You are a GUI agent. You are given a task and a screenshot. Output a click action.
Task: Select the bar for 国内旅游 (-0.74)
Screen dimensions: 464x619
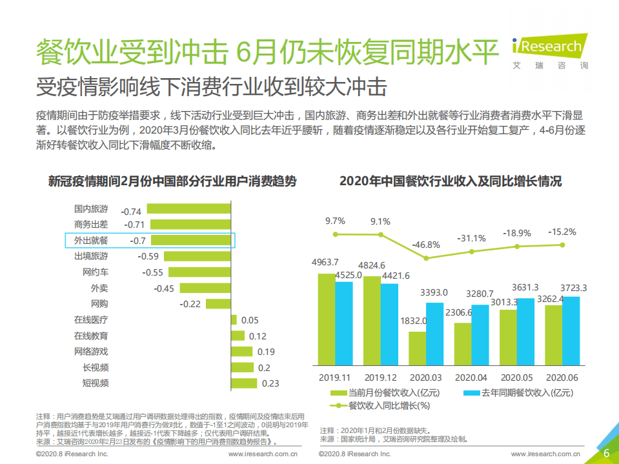(x=188, y=208)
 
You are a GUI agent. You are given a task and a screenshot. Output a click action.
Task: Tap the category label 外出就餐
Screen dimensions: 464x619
(x=91, y=241)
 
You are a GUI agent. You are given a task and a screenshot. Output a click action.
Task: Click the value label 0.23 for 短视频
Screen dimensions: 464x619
(x=270, y=383)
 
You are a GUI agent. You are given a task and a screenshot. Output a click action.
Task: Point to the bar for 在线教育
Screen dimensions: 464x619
(x=238, y=336)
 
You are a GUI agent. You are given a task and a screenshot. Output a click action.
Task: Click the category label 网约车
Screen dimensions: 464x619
(x=96, y=272)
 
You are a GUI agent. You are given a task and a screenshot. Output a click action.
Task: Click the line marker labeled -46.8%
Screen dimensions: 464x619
(x=426, y=257)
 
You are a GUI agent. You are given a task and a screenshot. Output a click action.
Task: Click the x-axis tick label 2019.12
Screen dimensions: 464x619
(x=380, y=377)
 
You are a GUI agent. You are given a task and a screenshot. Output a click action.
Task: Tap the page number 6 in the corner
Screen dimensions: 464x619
(x=606, y=454)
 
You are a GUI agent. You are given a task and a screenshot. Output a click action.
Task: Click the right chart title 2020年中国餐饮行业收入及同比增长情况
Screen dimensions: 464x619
(x=451, y=181)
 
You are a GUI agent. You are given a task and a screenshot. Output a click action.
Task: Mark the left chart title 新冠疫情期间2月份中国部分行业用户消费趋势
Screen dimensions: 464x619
(x=172, y=181)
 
